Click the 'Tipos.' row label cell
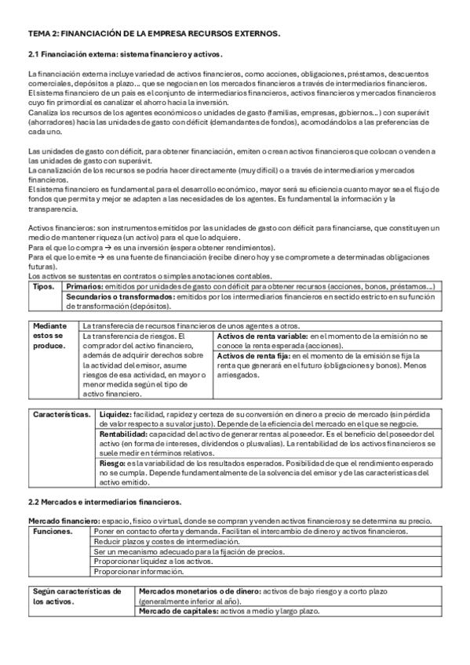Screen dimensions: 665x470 [42, 287]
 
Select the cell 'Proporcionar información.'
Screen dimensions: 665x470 [137, 572]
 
